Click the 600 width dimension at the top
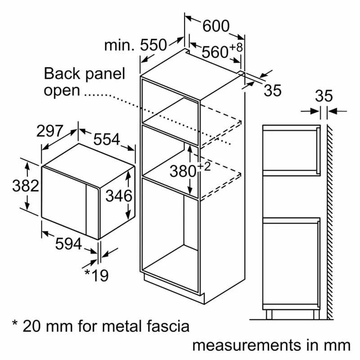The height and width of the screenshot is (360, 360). click(216, 26)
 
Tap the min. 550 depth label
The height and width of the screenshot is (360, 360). click(135, 45)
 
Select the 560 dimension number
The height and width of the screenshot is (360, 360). click(215, 52)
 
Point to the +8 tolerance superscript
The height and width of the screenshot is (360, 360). click(236, 47)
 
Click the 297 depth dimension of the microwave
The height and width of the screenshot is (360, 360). click(49, 131)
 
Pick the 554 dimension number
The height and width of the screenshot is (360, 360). click(107, 139)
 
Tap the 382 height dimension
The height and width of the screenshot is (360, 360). click(26, 186)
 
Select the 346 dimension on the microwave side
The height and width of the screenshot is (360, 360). click(119, 196)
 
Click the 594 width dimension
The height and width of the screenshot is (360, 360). click(68, 244)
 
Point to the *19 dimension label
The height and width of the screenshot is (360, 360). click(96, 275)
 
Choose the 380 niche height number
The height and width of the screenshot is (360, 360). click(183, 171)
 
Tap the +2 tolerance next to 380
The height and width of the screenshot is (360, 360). click(204, 166)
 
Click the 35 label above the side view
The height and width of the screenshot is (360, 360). click(324, 96)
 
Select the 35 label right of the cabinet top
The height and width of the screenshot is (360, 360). click(273, 90)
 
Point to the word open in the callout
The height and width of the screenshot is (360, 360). click(62, 91)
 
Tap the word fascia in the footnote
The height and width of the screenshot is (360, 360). click(168, 326)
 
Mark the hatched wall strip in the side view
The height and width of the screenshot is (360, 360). click(330, 222)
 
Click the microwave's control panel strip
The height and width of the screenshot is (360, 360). click(93, 212)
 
